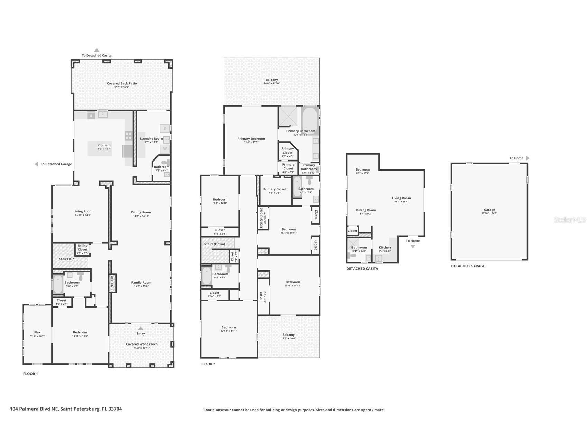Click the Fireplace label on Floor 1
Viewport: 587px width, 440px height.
112,283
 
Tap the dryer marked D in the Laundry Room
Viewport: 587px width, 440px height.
165,128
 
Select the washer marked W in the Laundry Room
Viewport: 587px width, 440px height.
165,149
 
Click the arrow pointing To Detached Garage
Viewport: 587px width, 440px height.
36,164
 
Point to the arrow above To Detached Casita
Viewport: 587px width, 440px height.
97,50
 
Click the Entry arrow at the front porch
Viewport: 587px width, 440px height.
140,328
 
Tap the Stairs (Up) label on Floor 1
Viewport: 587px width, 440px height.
67,259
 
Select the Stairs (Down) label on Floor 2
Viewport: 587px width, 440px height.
214,244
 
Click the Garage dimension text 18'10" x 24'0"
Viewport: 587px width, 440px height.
489,213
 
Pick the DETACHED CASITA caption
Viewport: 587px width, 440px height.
362,269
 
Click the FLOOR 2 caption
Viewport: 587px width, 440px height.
208,364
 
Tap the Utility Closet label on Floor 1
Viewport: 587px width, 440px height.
82,248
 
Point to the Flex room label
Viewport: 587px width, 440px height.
37,332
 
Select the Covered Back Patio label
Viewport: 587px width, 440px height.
122,83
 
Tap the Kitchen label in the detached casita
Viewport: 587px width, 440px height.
385,247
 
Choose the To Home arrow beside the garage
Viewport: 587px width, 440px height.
528,158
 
